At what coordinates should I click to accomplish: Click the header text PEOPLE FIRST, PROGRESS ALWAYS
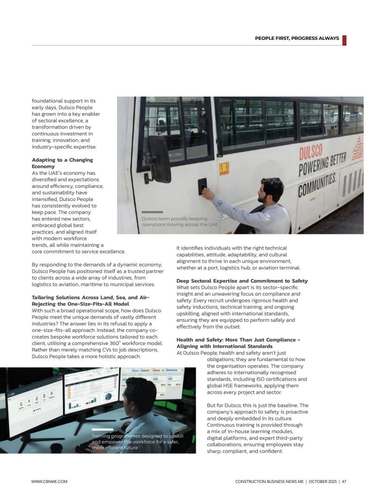coord(297,38)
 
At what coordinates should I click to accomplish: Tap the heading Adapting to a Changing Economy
coord(62,163)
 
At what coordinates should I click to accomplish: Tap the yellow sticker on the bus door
coord(224,168)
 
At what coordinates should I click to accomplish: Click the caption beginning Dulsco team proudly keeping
coord(180,222)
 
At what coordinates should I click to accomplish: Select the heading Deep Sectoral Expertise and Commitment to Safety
coord(242,281)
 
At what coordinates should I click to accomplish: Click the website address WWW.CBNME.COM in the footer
coord(49,481)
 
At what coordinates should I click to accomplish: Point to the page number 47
coord(344,481)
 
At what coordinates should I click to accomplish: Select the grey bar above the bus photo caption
coord(152,212)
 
